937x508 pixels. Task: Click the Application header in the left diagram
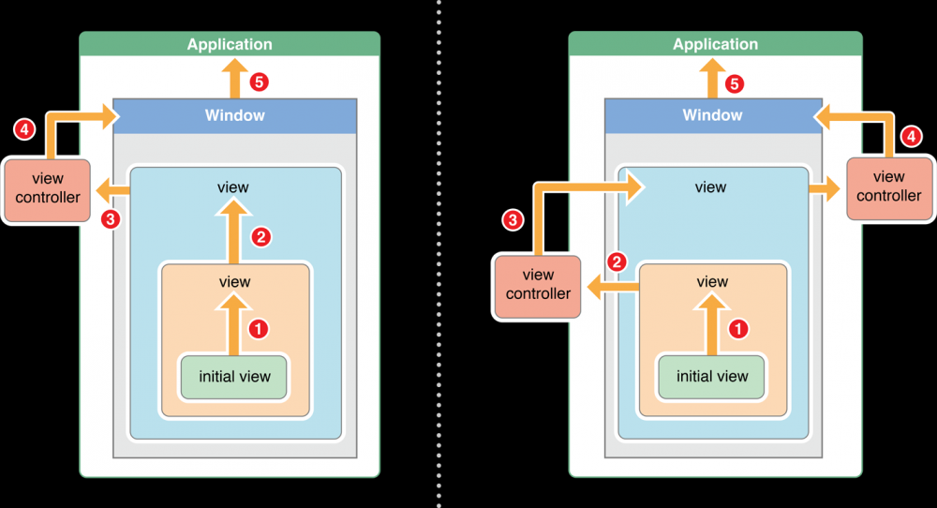[x=230, y=44]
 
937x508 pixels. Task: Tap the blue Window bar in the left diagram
[x=234, y=115]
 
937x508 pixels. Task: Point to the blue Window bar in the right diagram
[x=712, y=115]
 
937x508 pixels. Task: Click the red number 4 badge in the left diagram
[x=25, y=129]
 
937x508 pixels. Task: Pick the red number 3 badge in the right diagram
[x=513, y=221]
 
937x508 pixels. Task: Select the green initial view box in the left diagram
[x=234, y=377]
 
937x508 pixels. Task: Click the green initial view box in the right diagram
[x=712, y=377]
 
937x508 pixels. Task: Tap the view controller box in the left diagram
[x=47, y=187]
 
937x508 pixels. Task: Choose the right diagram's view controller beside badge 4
[x=888, y=187]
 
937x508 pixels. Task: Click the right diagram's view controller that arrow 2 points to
[x=538, y=285]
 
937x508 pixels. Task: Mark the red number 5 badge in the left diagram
[x=260, y=82]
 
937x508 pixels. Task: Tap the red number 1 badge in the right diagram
[x=738, y=329]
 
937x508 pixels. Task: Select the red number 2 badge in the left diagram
[x=261, y=237]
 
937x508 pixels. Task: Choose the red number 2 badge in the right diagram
[x=617, y=261]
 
